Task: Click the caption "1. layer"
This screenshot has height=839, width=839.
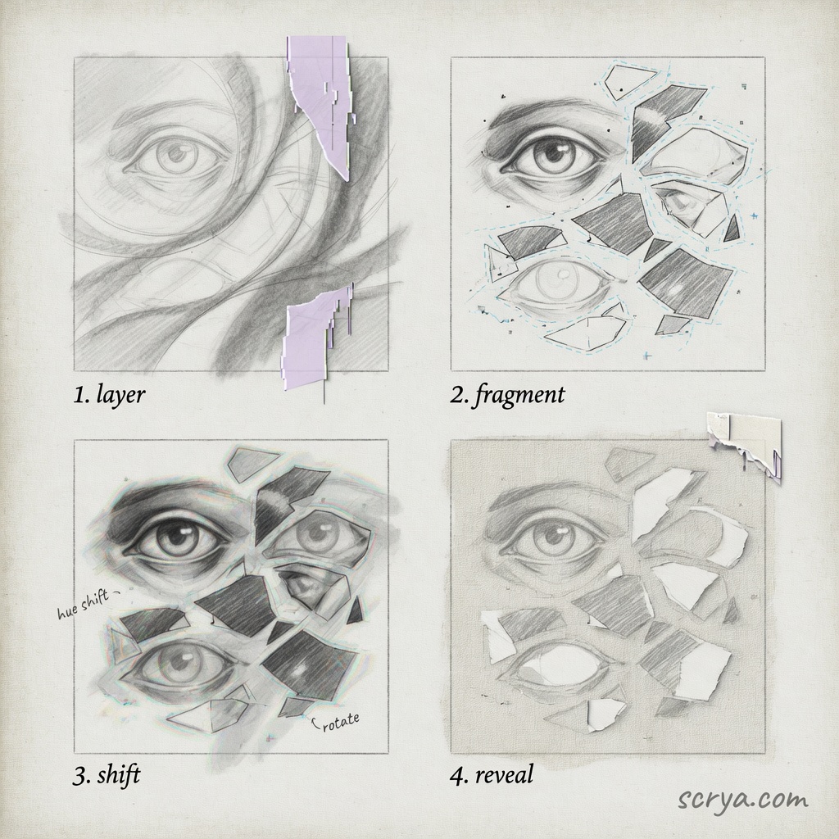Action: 109,395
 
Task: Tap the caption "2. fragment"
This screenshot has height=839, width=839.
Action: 506,395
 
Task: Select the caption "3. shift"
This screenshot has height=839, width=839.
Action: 107,774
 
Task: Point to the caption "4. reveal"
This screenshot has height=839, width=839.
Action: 492,774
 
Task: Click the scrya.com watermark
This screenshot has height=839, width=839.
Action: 743,800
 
